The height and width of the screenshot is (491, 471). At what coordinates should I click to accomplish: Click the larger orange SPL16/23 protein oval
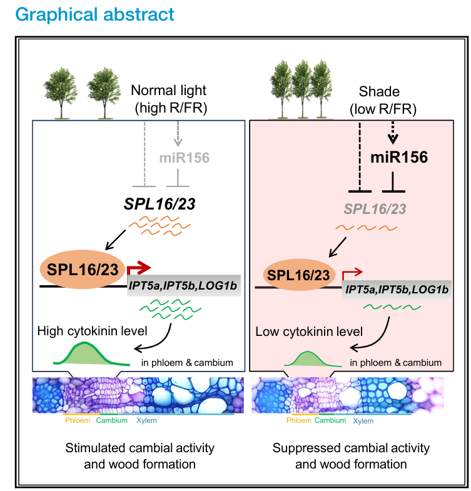(83, 271)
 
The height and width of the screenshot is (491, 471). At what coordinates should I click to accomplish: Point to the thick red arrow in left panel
(139, 269)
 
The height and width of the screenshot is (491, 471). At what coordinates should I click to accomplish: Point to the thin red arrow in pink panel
(351, 273)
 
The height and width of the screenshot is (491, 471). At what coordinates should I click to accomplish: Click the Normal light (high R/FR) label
(170, 99)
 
